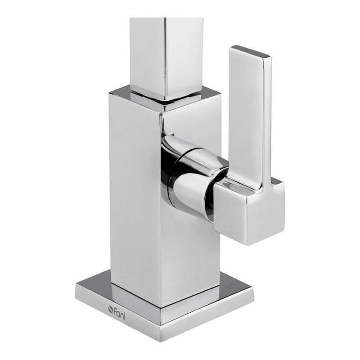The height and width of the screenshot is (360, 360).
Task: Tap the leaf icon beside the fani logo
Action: point(111,309)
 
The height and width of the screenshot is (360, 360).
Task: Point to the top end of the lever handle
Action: point(251,51)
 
